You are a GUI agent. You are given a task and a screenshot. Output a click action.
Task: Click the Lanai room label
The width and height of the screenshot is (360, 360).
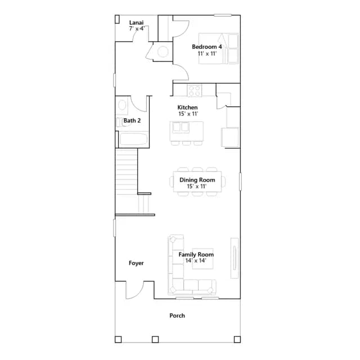136,22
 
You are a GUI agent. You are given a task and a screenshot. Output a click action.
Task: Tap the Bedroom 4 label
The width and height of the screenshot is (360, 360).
207,47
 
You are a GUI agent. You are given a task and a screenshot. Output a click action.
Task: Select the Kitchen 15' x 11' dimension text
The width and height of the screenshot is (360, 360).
188,114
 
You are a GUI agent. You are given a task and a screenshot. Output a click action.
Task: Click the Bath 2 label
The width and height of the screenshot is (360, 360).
132,120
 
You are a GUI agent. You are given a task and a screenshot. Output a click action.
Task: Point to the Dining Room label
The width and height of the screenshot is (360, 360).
197,180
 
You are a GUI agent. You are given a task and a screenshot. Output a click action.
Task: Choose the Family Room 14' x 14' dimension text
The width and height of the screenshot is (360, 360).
196,260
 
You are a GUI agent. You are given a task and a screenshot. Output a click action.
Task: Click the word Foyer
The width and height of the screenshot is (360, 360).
136,263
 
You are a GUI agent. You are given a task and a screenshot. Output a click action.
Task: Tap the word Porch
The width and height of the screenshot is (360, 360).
177,316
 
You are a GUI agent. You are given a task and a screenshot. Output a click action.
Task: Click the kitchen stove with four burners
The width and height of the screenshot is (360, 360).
195,91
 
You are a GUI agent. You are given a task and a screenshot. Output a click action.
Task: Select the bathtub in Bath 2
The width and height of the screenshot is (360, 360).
133,139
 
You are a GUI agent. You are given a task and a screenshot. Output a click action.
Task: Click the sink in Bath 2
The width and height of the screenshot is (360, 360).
122,105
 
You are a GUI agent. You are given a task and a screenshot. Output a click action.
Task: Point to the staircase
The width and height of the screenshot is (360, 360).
126,181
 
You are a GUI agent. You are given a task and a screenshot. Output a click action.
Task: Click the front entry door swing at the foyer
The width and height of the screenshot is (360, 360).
134,290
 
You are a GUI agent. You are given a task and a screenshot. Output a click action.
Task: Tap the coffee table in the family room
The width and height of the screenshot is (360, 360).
202,259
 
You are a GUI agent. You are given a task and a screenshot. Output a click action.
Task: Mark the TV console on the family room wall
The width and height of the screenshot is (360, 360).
235,258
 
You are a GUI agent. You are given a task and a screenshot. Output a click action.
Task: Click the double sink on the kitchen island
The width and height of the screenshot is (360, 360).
181,128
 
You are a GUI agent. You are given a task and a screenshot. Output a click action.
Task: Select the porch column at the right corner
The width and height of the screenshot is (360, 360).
237,339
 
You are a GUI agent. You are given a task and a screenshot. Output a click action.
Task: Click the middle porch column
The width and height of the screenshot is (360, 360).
155,339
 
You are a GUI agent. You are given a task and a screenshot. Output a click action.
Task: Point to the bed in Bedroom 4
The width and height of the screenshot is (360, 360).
219,48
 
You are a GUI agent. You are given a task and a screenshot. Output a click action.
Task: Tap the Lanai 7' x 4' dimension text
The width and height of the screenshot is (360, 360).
137,29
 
